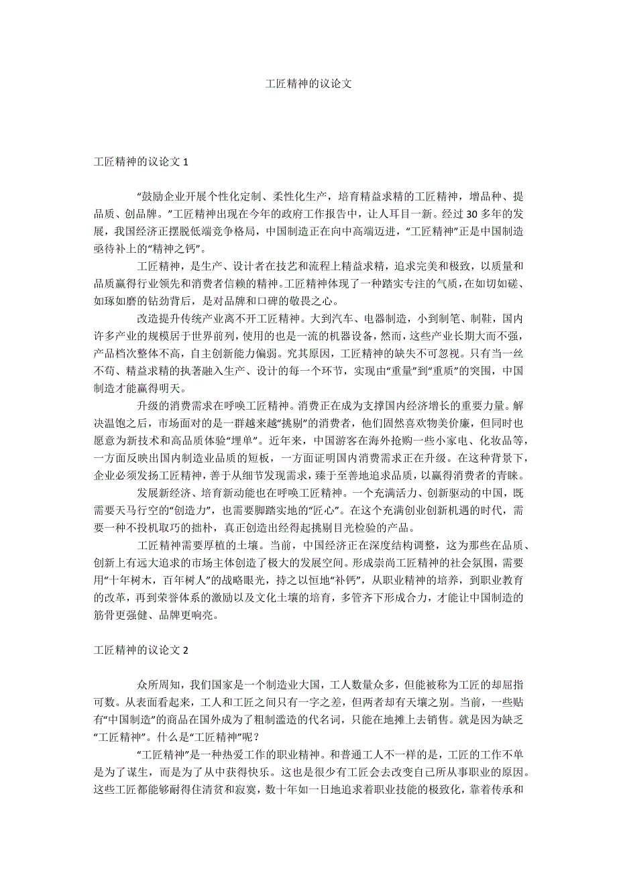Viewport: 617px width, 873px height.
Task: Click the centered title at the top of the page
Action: (308, 84)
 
